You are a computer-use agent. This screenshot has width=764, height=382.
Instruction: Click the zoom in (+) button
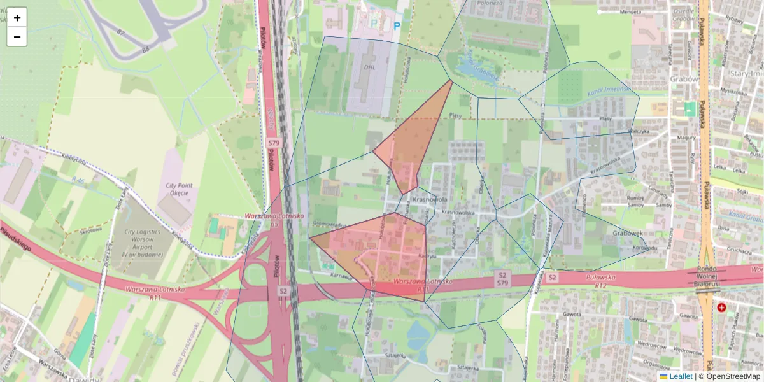(x=17, y=18)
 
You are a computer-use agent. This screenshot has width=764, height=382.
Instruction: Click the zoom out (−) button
(x=17, y=37)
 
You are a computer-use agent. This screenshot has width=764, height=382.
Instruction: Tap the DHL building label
(x=370, y=66)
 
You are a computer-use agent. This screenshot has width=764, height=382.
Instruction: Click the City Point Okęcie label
(x=180, y=189)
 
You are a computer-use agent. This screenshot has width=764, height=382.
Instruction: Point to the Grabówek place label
(x=627, y=233)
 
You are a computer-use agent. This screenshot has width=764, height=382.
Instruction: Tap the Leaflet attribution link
(x=680, y=376)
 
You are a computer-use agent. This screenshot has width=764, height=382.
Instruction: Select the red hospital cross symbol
(x=721, y=308)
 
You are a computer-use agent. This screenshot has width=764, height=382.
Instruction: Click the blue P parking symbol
(x=397, y=26)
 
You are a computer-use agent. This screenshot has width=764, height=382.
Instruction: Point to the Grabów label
(x=682, y=80)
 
